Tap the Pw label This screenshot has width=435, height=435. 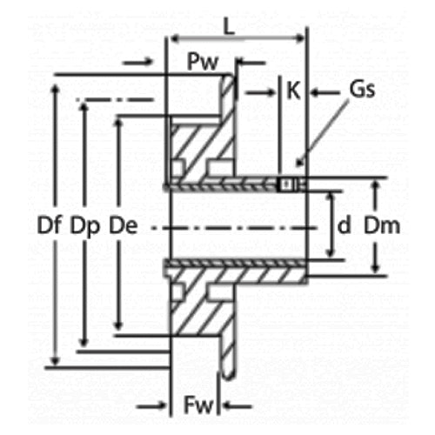tap(203, 62)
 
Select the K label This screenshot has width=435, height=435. tap(293, 90)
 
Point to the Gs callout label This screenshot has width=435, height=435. tap(362, 89)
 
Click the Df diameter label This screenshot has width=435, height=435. tap(50, 225)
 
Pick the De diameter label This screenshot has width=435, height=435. tap(123, 225)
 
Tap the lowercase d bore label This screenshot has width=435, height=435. tap(345, 224)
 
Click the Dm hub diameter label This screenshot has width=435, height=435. tap(382, 225)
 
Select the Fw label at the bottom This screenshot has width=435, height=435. tap(199, 405)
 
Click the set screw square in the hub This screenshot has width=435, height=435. tap(286, 184)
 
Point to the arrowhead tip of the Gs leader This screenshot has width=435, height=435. tap(297, 165)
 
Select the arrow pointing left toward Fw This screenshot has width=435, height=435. tap(238, 406)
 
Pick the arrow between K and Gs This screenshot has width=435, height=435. tap(325, 93)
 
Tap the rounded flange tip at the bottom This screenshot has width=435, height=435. tap(229, 377)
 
